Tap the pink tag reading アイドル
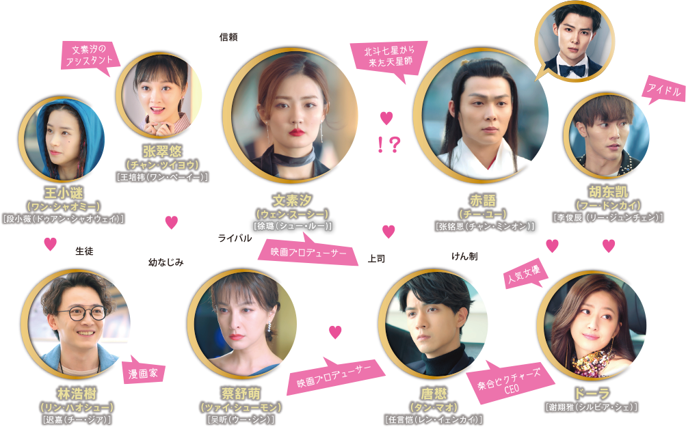663,91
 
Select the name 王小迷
62,193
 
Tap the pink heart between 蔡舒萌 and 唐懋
334,332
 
